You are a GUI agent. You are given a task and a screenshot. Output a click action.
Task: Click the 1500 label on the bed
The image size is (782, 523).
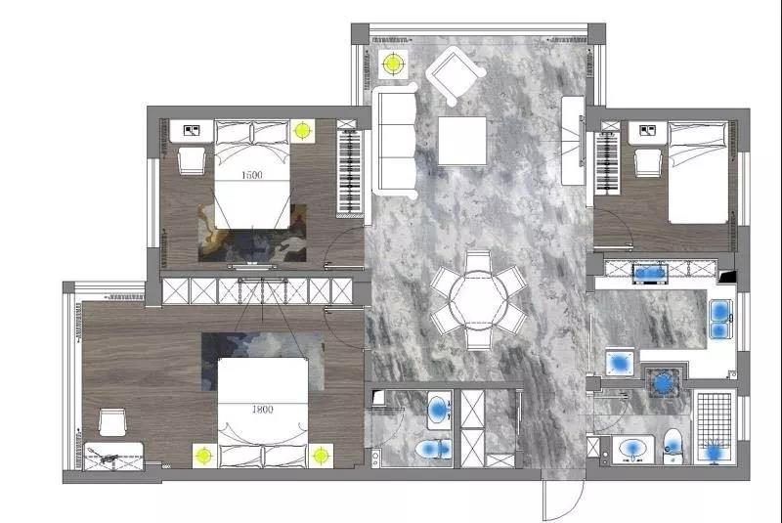pos(251,175)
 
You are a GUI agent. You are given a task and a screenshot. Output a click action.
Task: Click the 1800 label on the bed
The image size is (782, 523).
pos(262,410)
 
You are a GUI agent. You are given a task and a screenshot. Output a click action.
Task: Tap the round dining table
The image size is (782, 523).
pos(478,300)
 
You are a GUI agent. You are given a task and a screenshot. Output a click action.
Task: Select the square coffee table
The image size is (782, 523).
pos(462,141)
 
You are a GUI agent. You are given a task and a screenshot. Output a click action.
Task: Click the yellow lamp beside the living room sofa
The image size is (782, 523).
pos(393,64)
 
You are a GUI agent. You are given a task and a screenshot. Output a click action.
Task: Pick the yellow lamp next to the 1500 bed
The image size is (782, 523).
pos(302,131)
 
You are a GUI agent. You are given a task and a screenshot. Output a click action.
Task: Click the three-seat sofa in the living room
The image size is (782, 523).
pos(395,141)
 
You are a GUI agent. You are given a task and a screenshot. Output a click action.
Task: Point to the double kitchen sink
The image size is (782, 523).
pos(720,319)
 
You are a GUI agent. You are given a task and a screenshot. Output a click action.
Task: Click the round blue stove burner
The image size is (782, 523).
pos(663,383)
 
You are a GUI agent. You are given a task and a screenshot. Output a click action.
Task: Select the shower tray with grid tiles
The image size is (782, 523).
pos(715,427)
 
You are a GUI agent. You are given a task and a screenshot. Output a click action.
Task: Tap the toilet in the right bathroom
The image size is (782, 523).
pos(673,446)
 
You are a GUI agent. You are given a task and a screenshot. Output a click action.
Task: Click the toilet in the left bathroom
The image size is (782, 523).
pos(433,450)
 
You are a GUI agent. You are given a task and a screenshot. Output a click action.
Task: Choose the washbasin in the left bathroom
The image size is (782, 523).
pos(439,411)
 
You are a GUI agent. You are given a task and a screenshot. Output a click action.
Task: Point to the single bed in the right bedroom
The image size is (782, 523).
pos(698,172)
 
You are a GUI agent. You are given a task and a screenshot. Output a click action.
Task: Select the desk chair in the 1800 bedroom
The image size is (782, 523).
pos(112,422)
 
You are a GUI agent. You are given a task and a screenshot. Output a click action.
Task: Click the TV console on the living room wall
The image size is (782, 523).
pos(573,141)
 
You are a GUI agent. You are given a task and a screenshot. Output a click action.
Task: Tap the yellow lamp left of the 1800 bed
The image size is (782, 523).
pos(204,456)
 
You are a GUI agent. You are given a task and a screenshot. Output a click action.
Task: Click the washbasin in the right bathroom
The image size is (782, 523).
pos(632,450)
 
